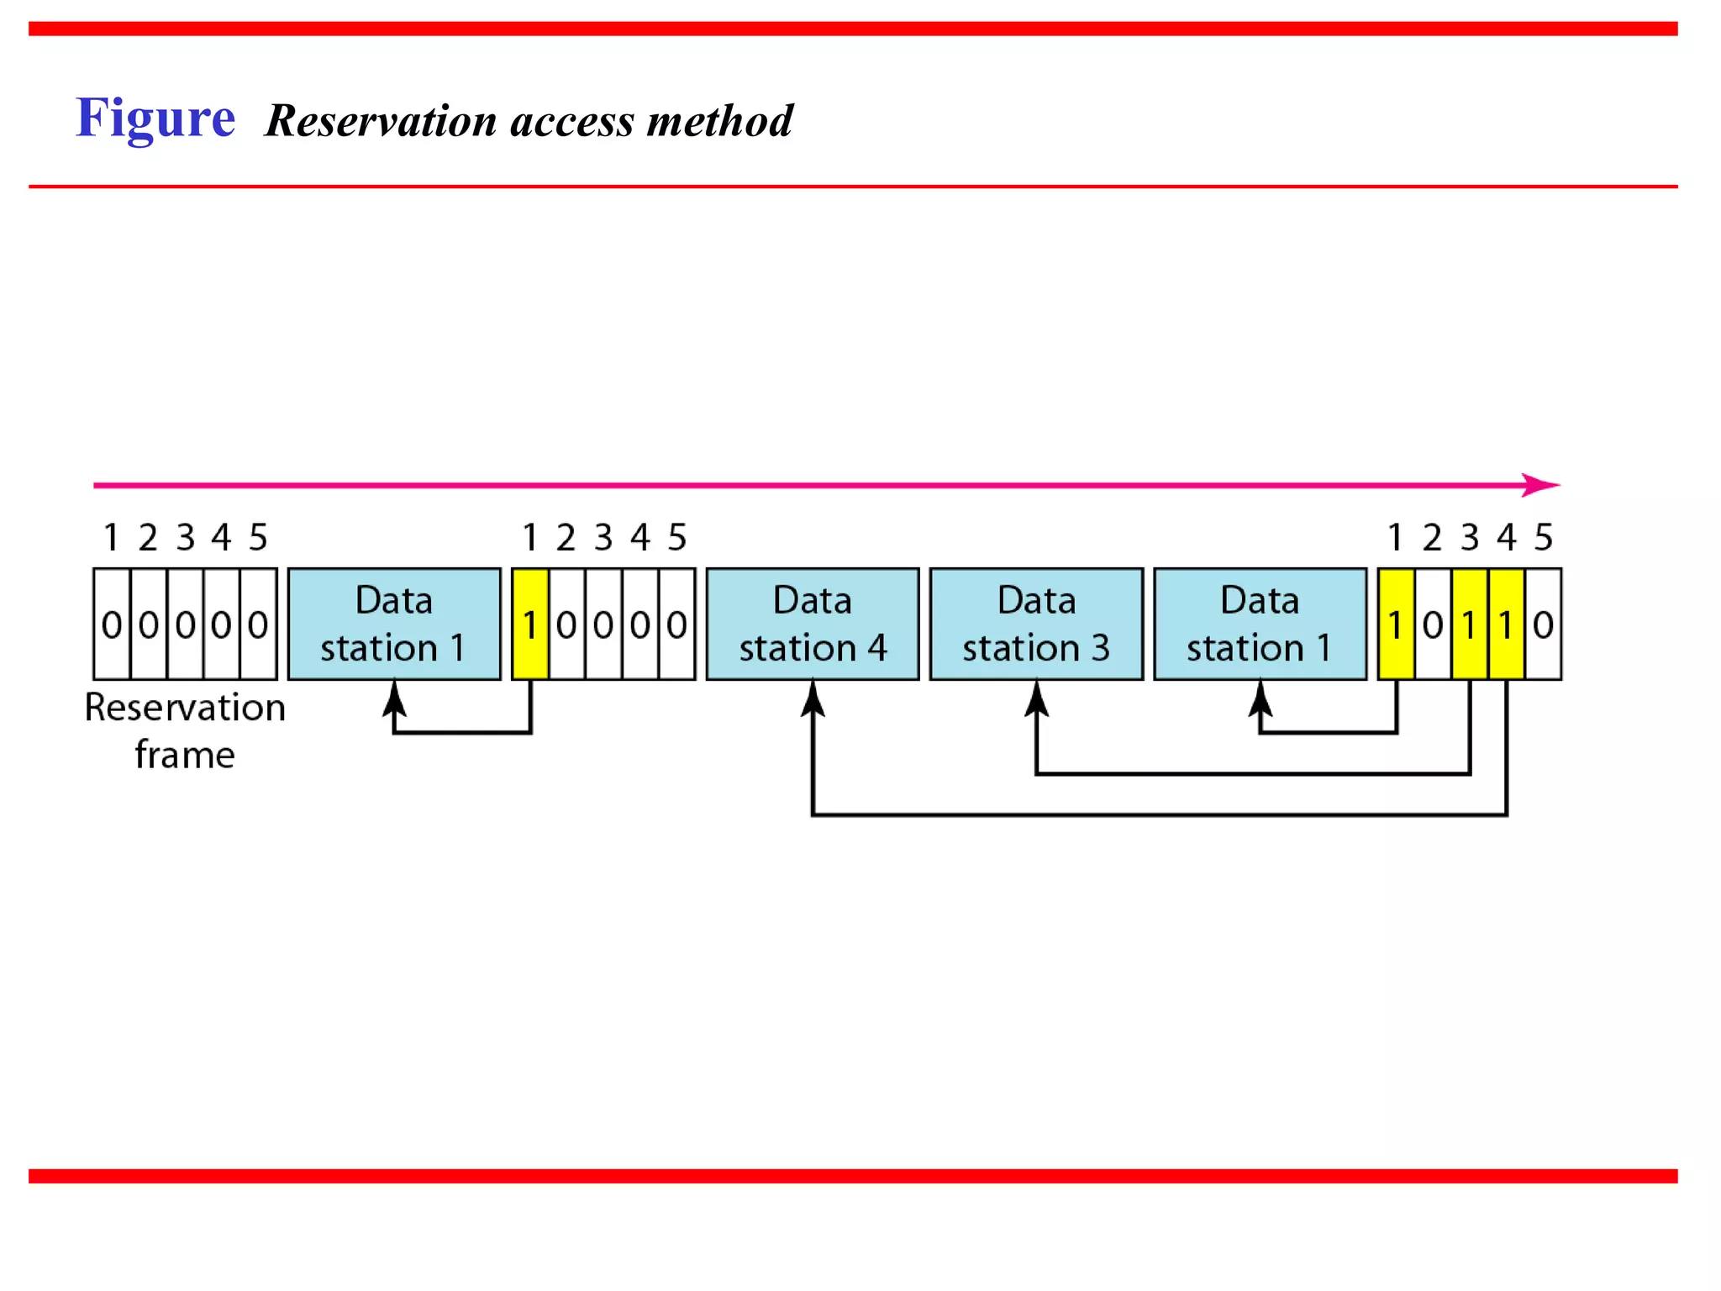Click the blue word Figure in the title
[155, 118]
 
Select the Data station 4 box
[812, 624]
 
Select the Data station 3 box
[1036, 624]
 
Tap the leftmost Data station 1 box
[394, 624]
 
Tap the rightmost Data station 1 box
[1260, 624]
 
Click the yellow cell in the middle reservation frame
[530, 624]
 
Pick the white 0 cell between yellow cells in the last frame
[1433, 624]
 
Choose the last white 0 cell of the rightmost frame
[1543, 624]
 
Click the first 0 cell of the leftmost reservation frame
[112, 624]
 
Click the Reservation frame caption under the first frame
[185, 730]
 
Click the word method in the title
[720, 121]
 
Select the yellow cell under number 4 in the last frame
[1506, 624]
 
